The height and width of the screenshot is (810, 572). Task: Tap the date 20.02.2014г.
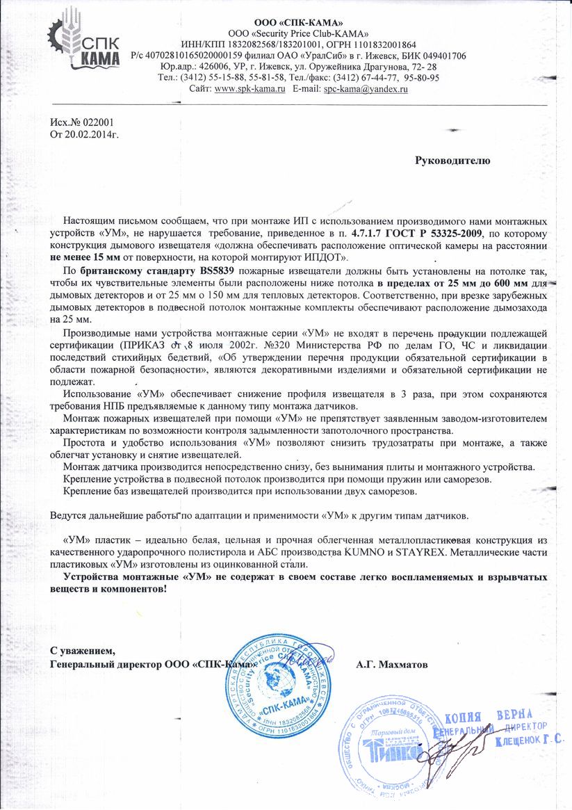point(91,133)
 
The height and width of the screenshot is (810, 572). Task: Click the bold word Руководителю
point(452,161)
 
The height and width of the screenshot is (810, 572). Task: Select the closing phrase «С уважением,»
point(82,651)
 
